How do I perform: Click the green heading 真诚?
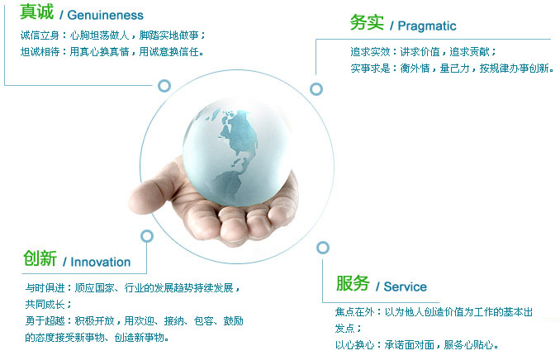click(36, 14)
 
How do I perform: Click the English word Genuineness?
click(106, 16)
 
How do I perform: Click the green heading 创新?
click(40, 259)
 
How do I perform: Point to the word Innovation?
click(100, 262)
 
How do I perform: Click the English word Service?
click(406, 287)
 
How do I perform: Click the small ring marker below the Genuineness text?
click(164, 86)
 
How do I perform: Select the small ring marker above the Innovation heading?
click(147, 236)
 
